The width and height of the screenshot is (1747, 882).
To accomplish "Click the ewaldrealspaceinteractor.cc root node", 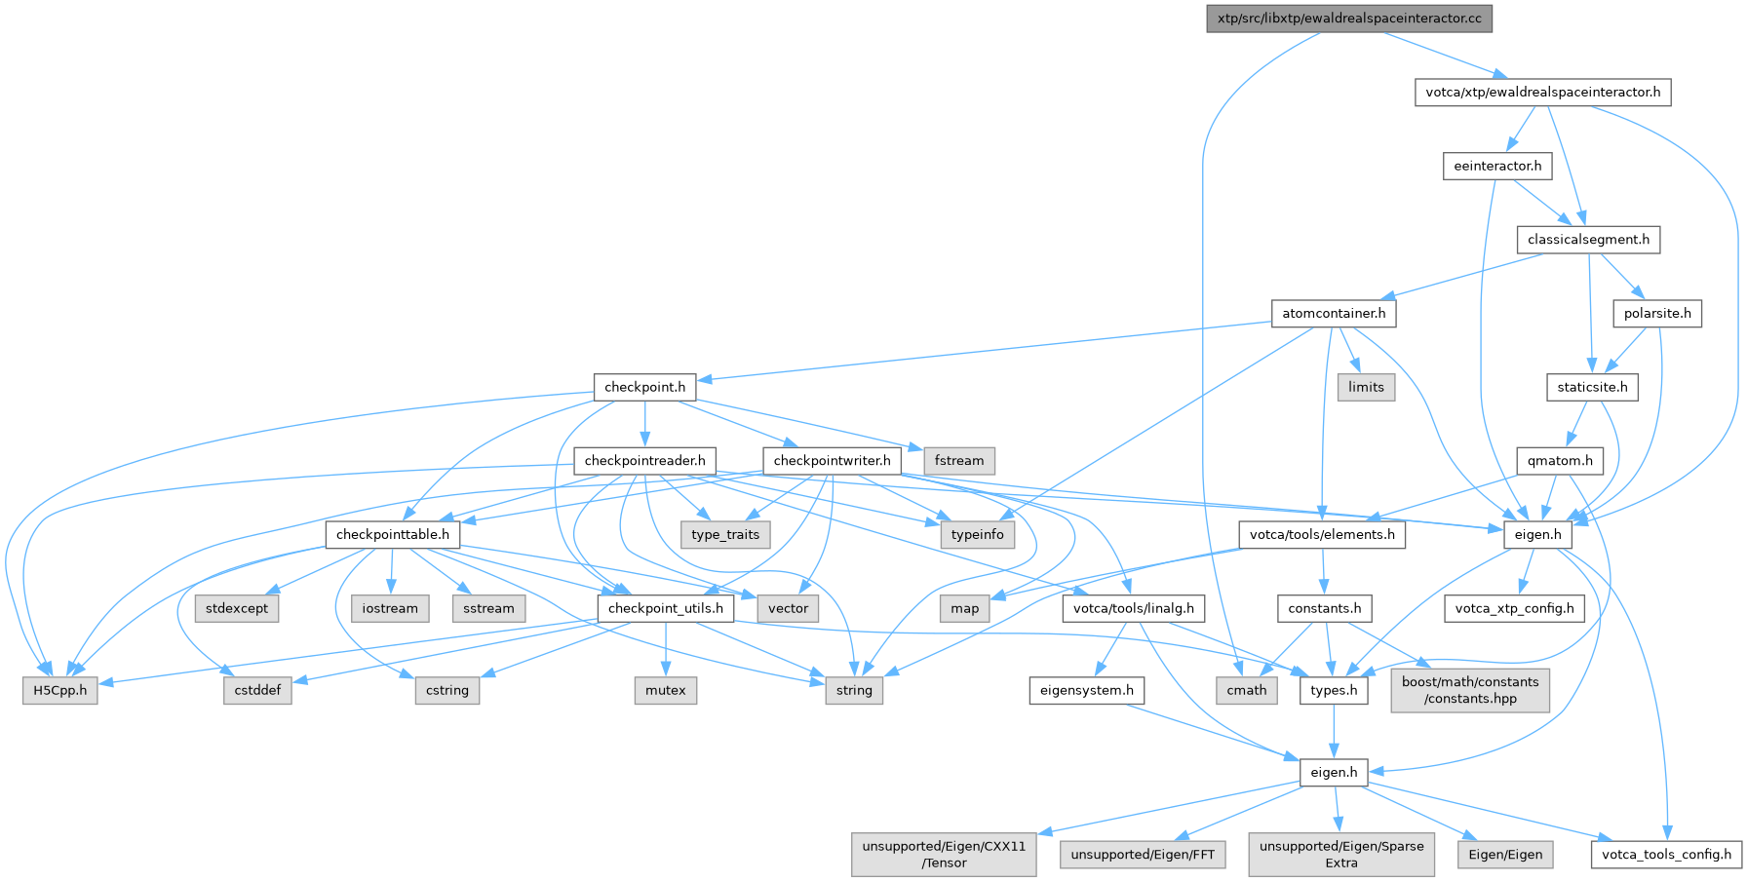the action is [x=1349, y=19].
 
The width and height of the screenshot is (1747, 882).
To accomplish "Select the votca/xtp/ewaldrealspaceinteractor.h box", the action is [x=1543, y=93].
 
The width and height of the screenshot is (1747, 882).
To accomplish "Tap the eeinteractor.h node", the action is [x=1497, y=166].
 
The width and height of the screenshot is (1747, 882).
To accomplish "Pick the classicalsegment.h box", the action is [x=1588, y=240].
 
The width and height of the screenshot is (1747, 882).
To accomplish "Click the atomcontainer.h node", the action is [x=1334, y=314].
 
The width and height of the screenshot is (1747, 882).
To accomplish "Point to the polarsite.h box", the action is [x=1657, y=314].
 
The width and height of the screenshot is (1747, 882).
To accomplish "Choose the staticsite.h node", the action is [x=1592, y=387].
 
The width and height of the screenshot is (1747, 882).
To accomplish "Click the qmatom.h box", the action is [x=1560, y=461].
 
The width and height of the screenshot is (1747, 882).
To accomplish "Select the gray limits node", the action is [x=1366, y=387].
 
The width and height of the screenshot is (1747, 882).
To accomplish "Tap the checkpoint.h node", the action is [x=644, y=387].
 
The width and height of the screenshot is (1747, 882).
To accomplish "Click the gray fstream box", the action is [x=959, y=461].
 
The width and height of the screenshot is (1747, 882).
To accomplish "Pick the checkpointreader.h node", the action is [x=644, y=461].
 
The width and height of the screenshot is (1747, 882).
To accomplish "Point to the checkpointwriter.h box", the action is [x=832, y=461].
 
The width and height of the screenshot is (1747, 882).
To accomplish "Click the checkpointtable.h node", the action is [x=393, y=535].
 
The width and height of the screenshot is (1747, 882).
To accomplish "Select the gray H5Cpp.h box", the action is [x=60, y=691].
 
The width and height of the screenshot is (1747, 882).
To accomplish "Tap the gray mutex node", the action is [x=666, y=691].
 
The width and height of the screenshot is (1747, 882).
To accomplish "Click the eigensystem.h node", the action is [x=1086, y=691].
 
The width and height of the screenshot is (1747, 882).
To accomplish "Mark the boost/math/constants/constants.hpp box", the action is [x=1470, y=690].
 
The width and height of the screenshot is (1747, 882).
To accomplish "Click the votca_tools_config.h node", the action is [x=1666, y=855].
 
